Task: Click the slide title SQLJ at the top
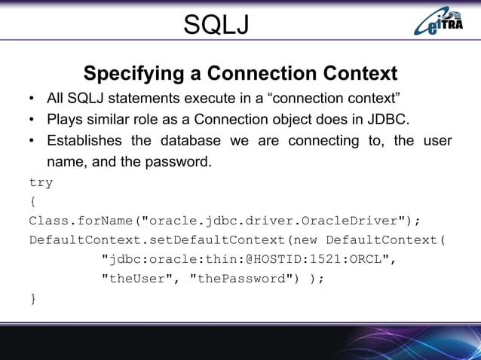coord(216,26)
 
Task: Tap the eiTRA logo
coord(442,23)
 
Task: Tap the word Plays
coord(65,120)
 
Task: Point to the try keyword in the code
coord(41,183)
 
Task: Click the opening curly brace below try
coord(32,202)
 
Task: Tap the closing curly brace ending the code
coord(32,299)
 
